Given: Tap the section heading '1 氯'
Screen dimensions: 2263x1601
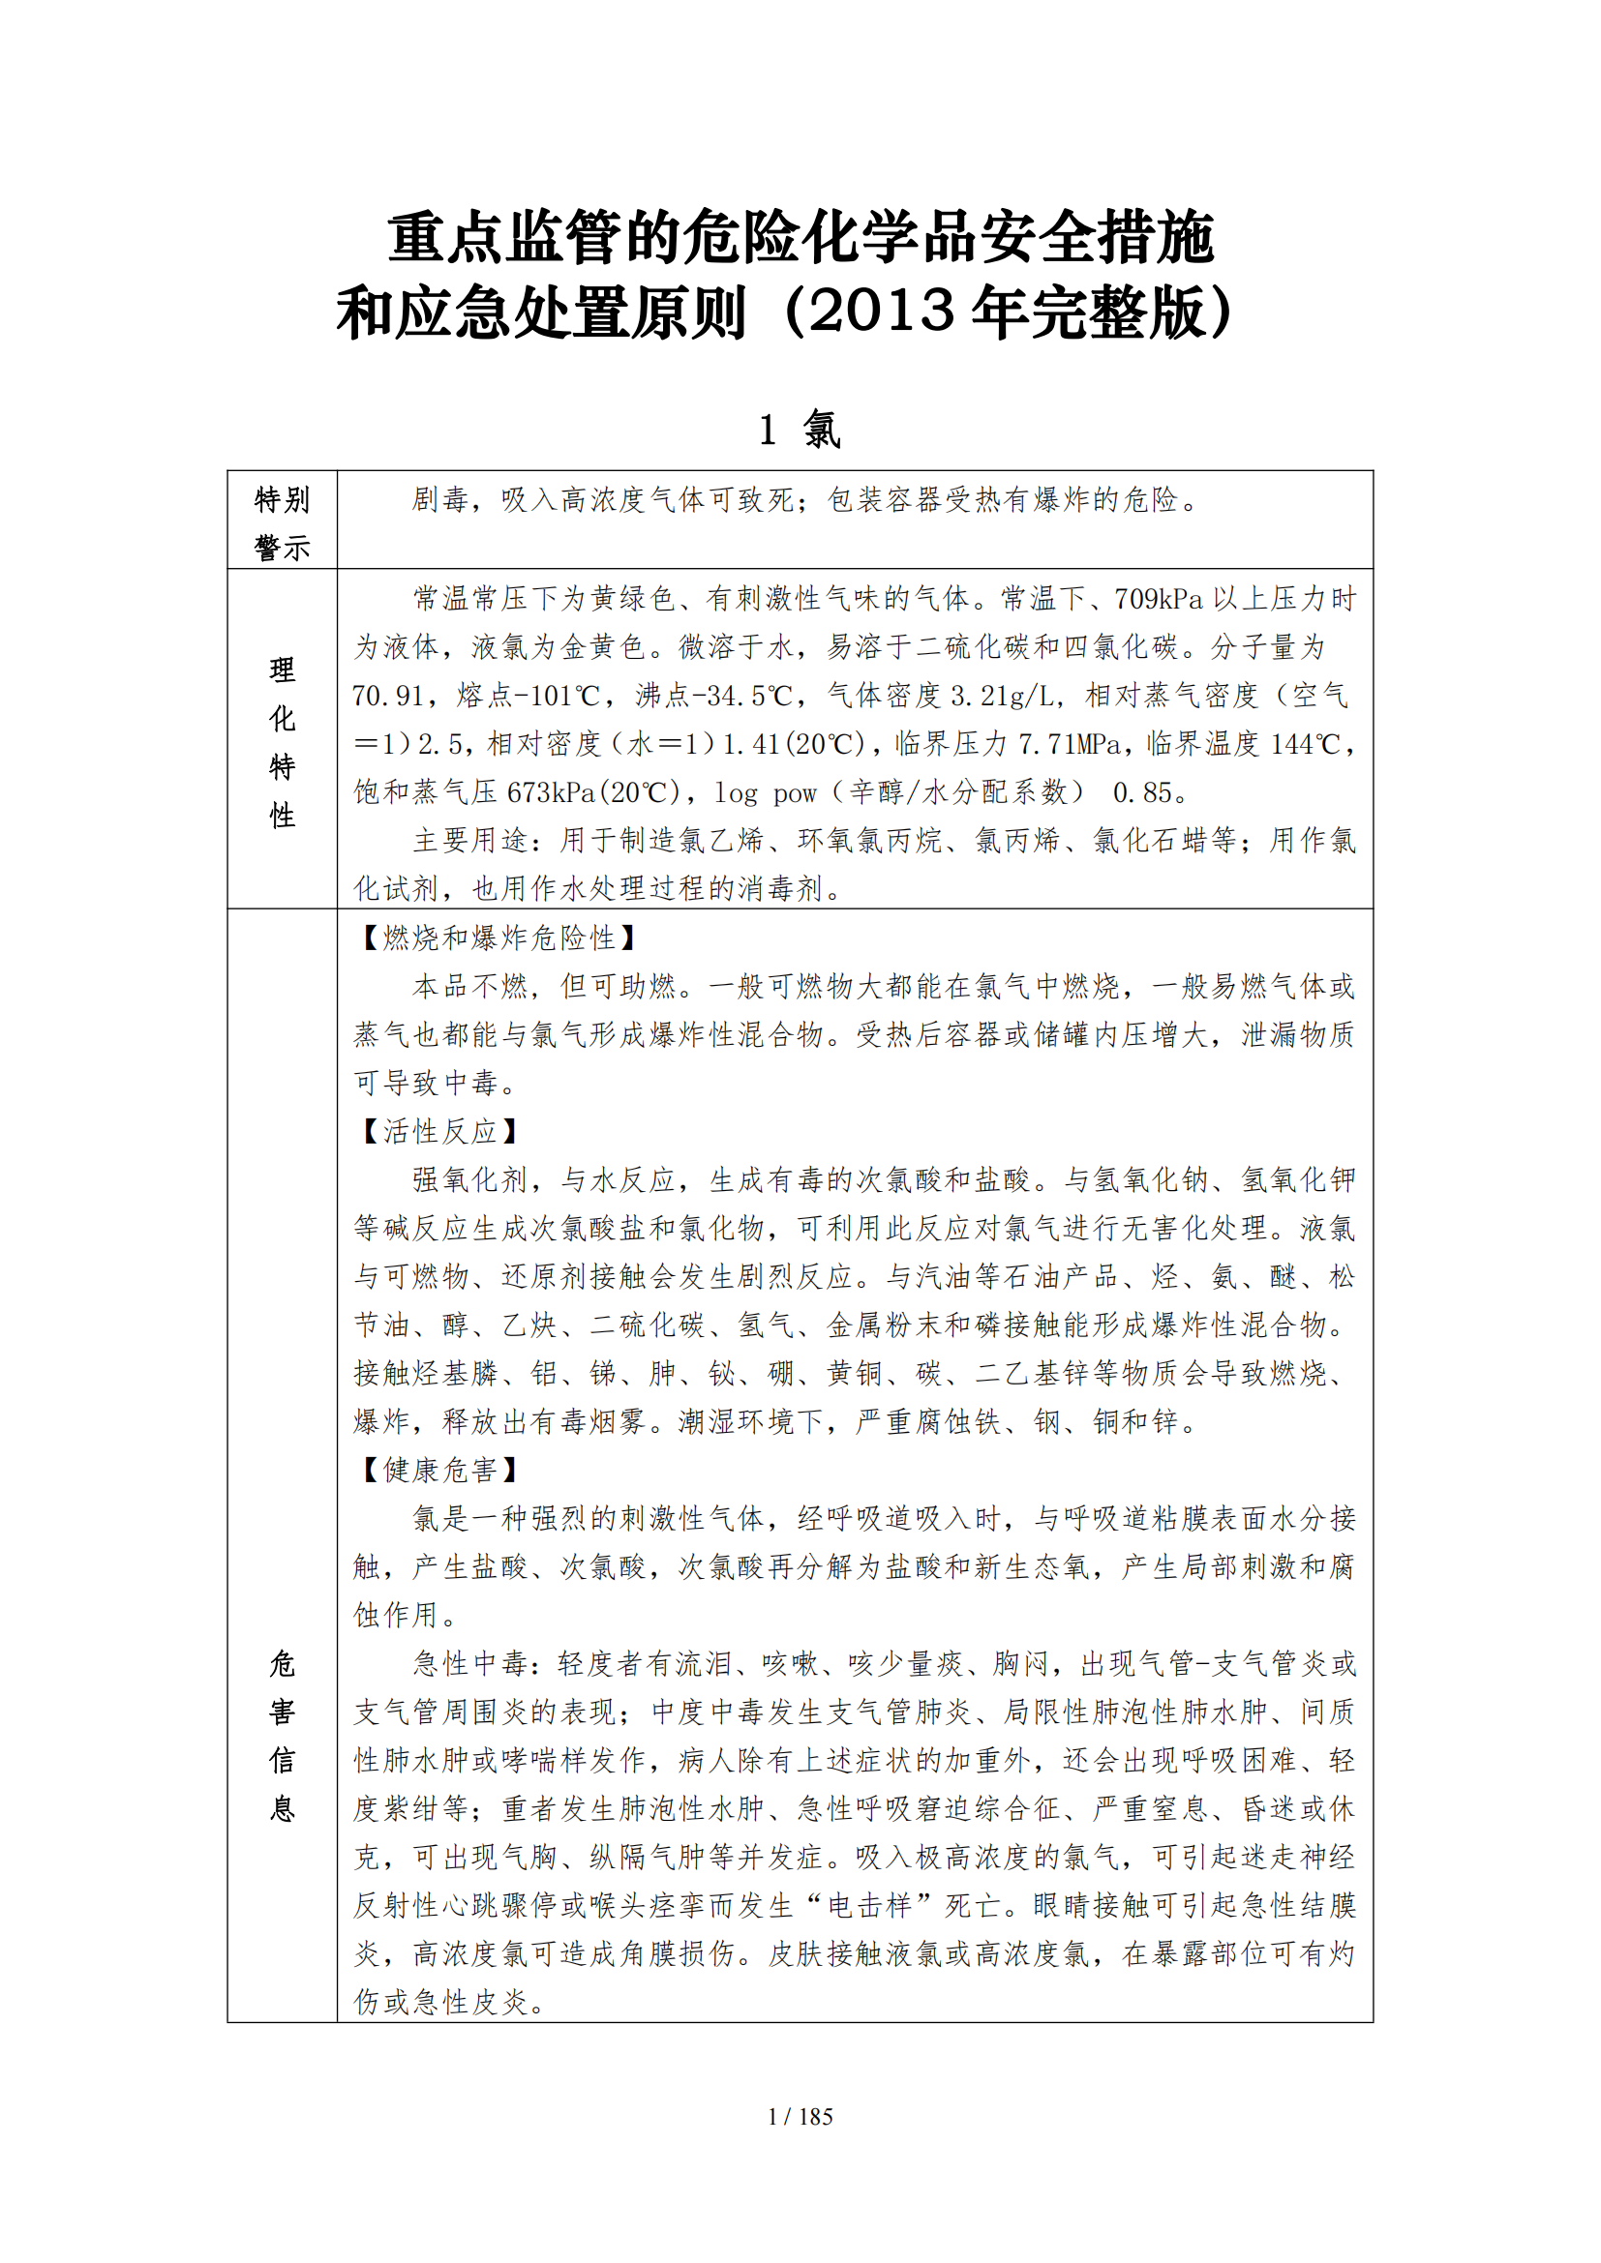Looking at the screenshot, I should pos(800,430).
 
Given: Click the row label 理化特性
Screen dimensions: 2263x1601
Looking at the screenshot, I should pos(282,742).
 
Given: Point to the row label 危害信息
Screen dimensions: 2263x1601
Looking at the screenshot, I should pos(282,1736).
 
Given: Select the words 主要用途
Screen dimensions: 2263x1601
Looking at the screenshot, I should pos(470,841).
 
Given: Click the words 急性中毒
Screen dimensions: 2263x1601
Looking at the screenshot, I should pos(470,1664).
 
